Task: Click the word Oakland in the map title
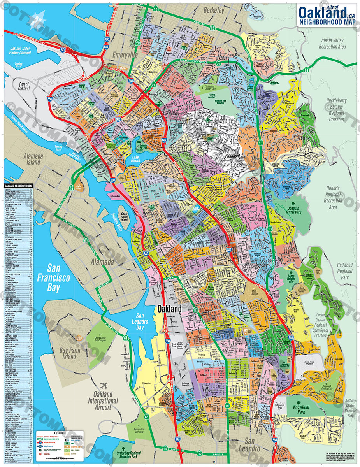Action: [x=322, y=14]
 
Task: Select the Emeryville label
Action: [x=125, y=55]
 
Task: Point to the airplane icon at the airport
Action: [x=104, y=386]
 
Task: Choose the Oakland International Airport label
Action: [x=103, y=401]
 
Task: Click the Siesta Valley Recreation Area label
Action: [x=332, y=43]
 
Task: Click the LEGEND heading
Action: [x=60, y=433]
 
